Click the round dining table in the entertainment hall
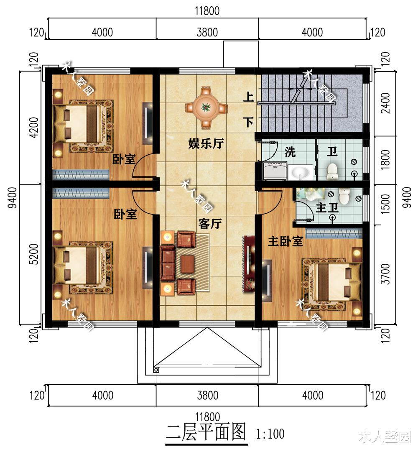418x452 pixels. pyautogui.click(x=205, y=107)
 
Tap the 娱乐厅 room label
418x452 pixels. pyautogui.click(x=206, y=144)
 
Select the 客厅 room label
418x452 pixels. pyautogui.click(x=210, y=224)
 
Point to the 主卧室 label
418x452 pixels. pyautogui.click(x=285, y=241)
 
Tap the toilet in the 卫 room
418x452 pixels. pyautogui.click(x=332, y=171)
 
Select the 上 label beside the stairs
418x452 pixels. pyautogui.click(x=249, y=98)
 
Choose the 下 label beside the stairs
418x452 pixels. pyautogui.click(x=249, y=123)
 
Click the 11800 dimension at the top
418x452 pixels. pyautogui.click(x=207, y=11)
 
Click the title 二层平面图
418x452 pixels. pyautogui.click(x=206, y=432)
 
